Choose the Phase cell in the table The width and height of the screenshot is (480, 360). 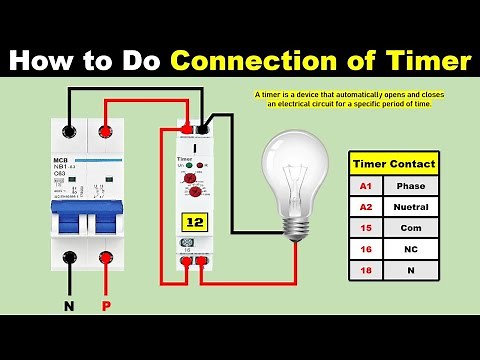[411, 186]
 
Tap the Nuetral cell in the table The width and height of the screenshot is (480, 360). [411, 208]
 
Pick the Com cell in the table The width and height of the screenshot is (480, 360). [411, 229]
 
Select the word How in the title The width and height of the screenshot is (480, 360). [46, 62]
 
